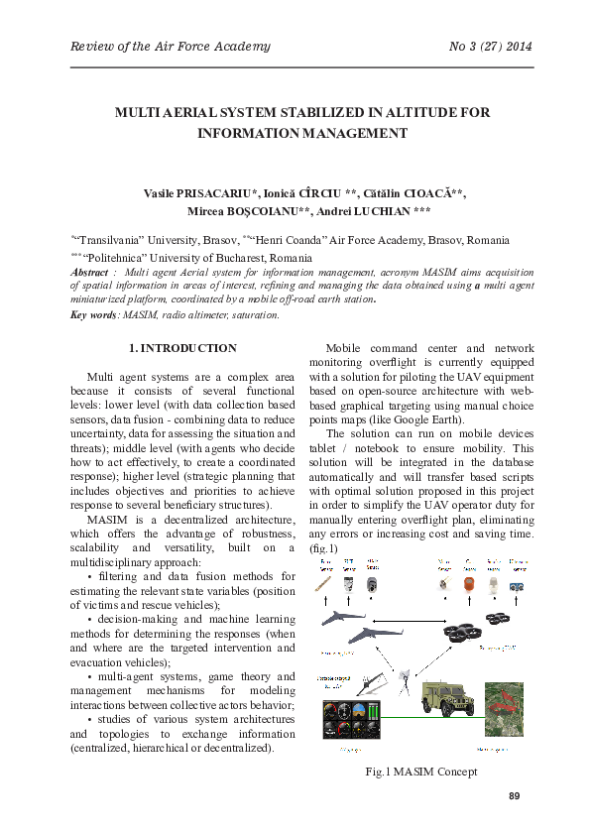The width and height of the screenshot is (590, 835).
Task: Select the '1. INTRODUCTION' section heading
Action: [x=183, y=349]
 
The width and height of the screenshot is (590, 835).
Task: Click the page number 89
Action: [x=514, y=795]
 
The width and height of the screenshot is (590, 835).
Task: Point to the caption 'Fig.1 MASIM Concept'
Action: [x=421, y=772]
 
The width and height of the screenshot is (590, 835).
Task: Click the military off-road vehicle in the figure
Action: [x=438, y=699]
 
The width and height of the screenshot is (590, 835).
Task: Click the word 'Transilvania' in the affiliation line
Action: [x=113, y=241]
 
